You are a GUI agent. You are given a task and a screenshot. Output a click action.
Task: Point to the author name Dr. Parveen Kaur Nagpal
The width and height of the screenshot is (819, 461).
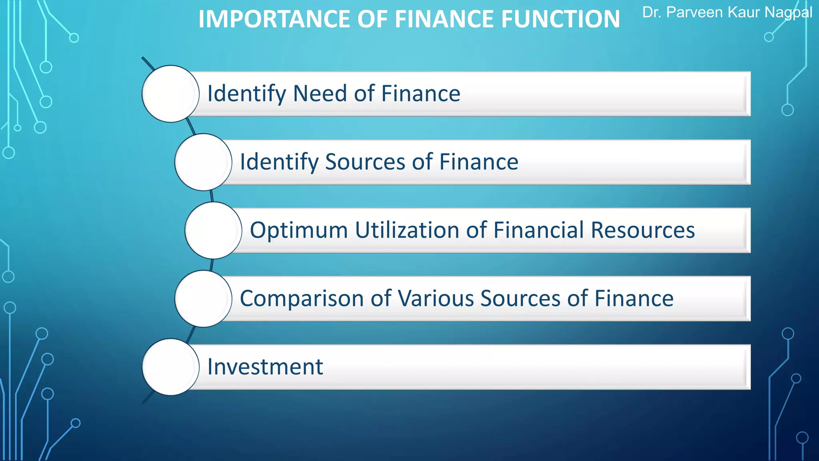click(x=727, y=13)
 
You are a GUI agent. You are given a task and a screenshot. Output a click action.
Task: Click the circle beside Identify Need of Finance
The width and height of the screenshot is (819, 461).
click(x=171, y=94)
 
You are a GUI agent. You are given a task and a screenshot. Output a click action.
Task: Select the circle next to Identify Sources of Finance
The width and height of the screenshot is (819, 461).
click(x=203, y=162)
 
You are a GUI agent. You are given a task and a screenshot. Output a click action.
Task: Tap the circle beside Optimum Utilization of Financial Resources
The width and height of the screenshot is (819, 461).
click(x=213, y=230)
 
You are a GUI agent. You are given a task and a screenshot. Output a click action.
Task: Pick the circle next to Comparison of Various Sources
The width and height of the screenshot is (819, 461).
click(x=203, y=299)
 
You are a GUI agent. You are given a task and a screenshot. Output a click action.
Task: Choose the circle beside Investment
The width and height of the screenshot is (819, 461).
click(x=171, y=367)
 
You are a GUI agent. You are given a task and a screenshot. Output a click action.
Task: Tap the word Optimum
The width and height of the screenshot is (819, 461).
click(x=299, y=230)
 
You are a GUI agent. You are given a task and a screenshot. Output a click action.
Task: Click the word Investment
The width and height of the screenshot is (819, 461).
click(x=265, y=367)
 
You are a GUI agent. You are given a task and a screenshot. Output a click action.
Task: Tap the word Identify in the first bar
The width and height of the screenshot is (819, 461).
click(x=246, y=94)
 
